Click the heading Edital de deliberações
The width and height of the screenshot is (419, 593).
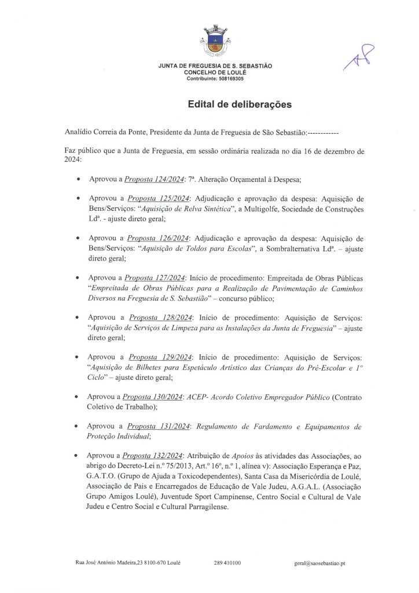(239, 105)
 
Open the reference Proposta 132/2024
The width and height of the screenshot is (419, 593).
(153, 456)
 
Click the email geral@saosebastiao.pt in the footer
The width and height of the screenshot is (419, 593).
(319, 563)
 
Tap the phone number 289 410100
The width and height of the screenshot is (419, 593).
(227, 563)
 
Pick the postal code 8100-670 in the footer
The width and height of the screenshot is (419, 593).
(153, 563)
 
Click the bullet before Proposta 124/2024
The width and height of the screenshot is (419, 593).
(78, 180)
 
